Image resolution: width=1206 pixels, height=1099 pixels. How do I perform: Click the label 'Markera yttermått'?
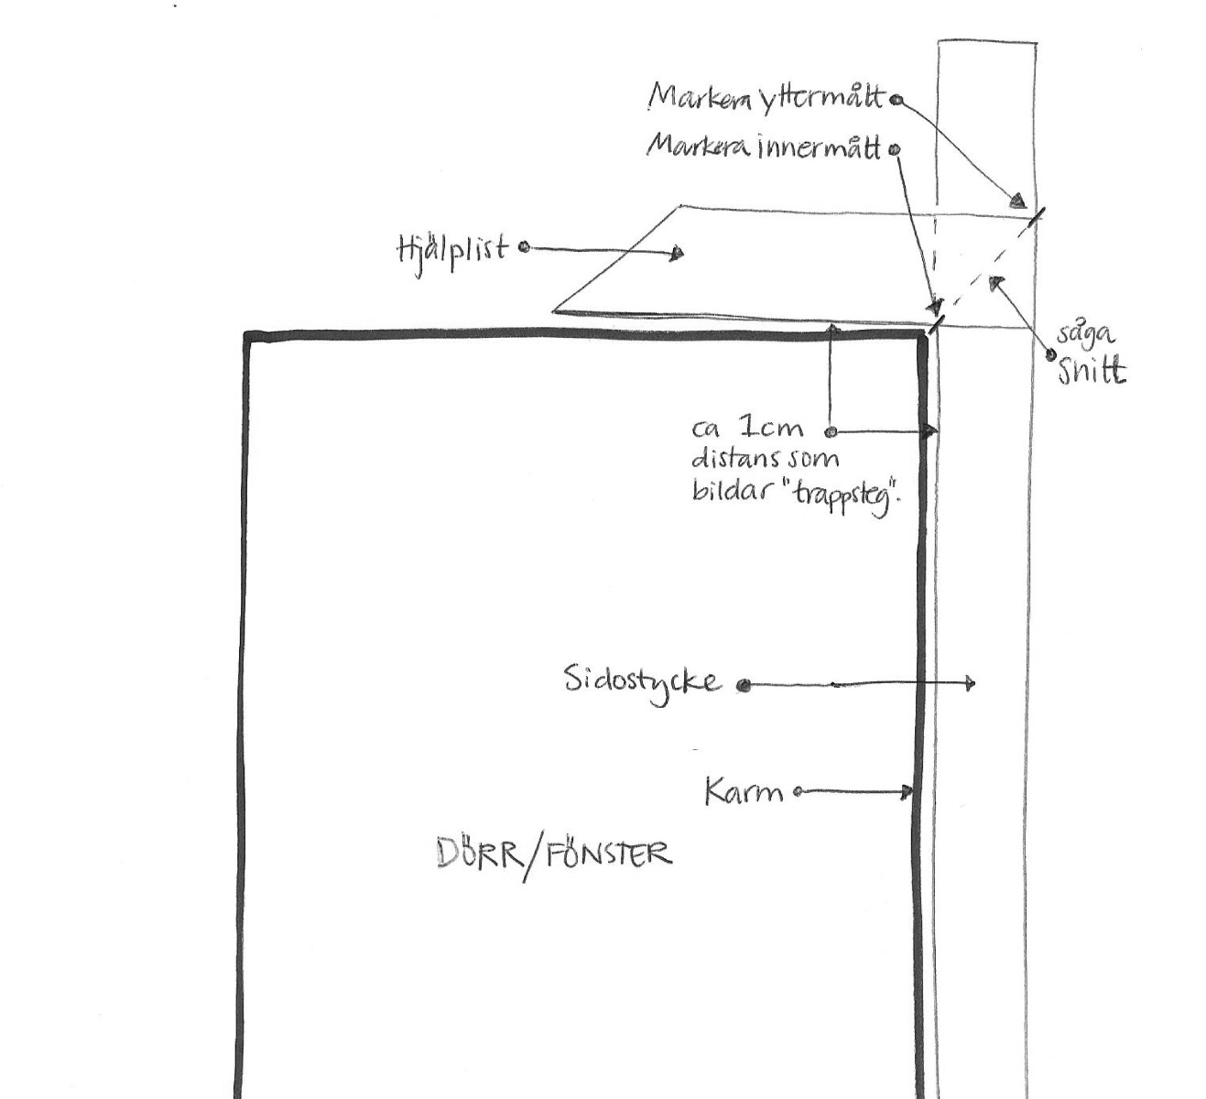767,97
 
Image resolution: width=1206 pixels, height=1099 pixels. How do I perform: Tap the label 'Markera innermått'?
764,147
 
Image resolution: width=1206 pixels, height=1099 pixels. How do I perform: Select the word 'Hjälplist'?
451,248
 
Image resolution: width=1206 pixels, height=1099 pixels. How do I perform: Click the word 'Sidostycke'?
642,681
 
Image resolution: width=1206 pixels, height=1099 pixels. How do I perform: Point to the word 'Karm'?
744,791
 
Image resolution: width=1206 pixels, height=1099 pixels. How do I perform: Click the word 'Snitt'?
1092,371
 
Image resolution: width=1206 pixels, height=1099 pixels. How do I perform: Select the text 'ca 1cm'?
747,429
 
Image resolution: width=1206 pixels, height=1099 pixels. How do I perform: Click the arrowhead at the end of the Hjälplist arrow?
677,253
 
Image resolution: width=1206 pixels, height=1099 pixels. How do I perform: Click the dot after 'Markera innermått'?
895,148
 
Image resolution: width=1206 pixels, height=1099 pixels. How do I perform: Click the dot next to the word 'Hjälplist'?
524,247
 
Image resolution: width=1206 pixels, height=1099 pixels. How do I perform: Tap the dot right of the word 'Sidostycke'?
744,684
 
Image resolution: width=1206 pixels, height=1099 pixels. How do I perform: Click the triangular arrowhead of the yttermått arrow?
1016,201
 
